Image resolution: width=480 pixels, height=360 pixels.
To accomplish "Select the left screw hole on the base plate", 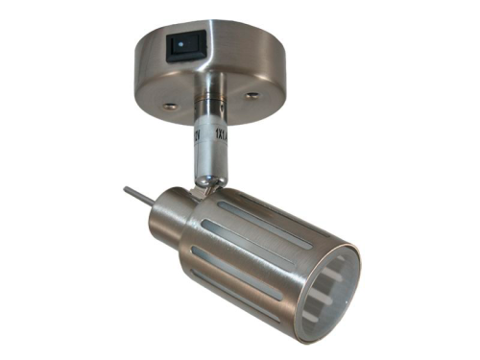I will (x=169, y=105).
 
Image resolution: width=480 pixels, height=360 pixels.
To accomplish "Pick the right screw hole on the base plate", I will (x=252, y=95).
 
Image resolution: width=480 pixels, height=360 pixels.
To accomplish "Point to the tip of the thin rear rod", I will (x=126, y=190).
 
